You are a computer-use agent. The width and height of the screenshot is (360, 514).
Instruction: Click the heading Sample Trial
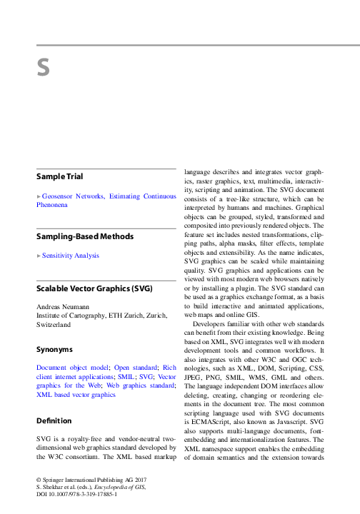[59, 176]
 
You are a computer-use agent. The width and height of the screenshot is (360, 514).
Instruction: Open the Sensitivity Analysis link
[70, 255]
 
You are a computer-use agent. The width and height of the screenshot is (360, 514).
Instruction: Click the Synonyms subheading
[54, 350]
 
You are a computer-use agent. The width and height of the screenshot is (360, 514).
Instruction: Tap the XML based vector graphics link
[75, 394]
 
